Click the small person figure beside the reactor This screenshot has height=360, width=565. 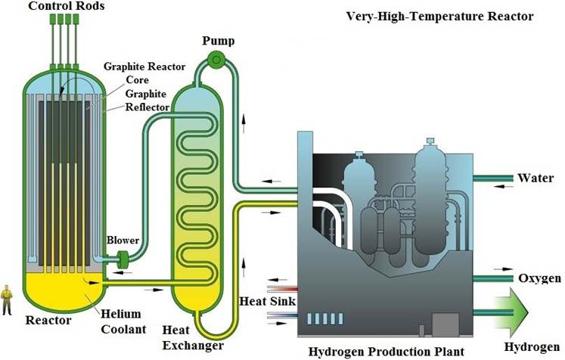point(7,299)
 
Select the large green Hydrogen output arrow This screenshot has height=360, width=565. point(511,312)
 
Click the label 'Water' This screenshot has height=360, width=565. point(536,178)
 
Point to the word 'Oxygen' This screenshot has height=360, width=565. point(539,278)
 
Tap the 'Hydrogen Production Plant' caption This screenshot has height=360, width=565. point(386,352)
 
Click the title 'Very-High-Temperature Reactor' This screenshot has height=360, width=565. point(439,17)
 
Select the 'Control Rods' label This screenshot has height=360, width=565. point(67,6)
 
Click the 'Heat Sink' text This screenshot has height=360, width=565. point(267,301)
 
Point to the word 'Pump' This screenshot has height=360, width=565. point(218,41)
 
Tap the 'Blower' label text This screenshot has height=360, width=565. point(123,241)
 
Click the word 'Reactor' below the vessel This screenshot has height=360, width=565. point(48,321)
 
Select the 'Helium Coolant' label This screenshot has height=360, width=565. point(123,321)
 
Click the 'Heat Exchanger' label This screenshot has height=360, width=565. point(193,337)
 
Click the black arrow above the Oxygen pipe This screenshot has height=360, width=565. point(503,268)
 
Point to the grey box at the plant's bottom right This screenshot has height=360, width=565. point(445,324)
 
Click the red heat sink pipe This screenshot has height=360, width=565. point(283,288)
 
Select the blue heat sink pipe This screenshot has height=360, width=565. point(283,316)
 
